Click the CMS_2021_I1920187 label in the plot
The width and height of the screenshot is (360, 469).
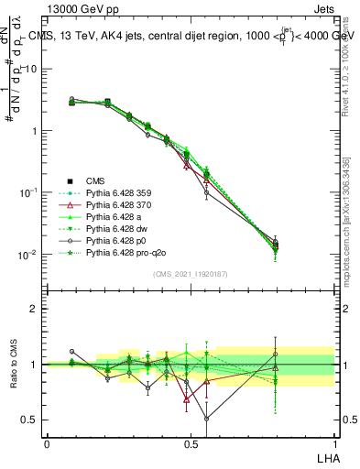pyautogui.click(x=190, y=273)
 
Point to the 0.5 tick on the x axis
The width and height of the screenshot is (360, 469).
pyautogui.click(x=191, y=443)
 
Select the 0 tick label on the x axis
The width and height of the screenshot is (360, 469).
pyautogui.click(x=47, y=443)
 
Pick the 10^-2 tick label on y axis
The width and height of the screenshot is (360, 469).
pyautogui.click(x=29, y=254)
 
